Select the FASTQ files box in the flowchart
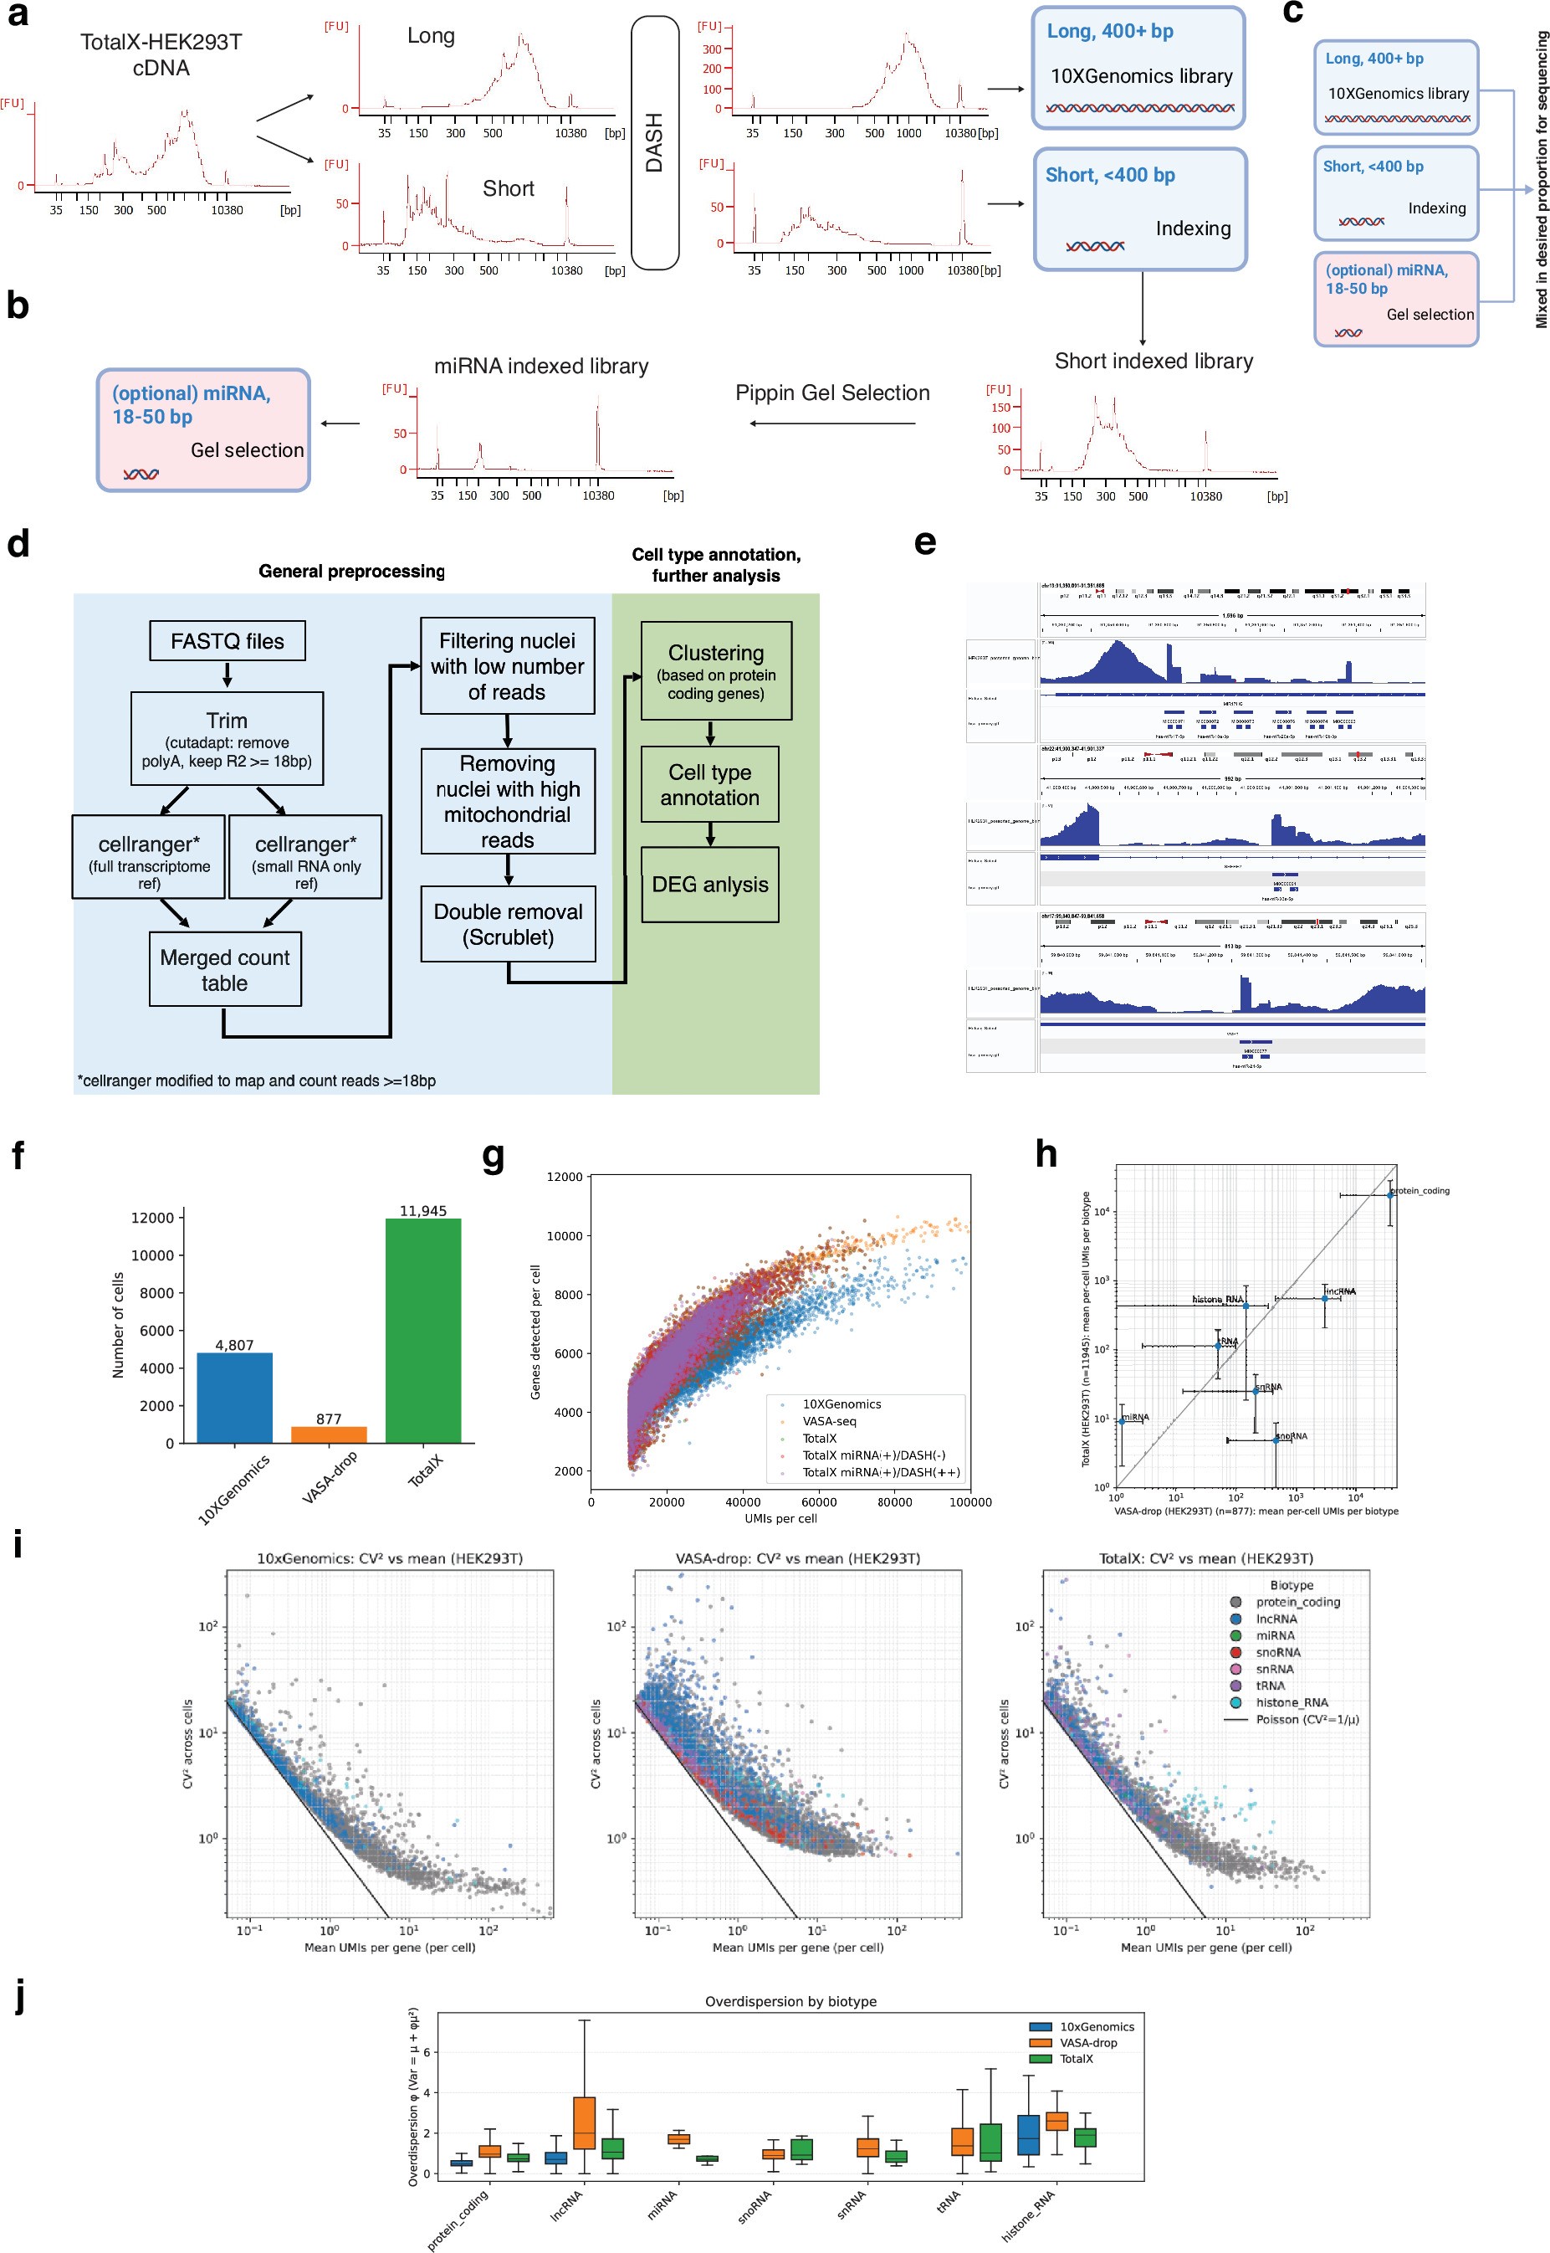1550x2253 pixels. click(228, 641)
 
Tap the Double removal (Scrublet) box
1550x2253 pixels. click(508, 924)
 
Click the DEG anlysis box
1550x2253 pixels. click(710, 884)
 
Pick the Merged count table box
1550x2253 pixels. click(224, 970)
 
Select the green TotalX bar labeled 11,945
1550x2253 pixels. click(422, 1331)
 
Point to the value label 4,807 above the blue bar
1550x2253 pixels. click(234, 1345)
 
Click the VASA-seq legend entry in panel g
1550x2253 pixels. click(828, 1420)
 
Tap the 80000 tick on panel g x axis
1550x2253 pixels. click(894, 1502)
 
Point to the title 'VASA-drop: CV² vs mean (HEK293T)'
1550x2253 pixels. click(797, 1558)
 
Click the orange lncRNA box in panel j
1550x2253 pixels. click(585, 2122)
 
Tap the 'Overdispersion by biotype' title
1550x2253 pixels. click(790, 2001)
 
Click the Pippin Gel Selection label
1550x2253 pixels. click(832, 393)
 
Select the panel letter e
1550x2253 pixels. click(924, 542)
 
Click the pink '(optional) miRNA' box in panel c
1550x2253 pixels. click(1395, 298)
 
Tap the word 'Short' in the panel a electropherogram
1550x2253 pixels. click(508, 188)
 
